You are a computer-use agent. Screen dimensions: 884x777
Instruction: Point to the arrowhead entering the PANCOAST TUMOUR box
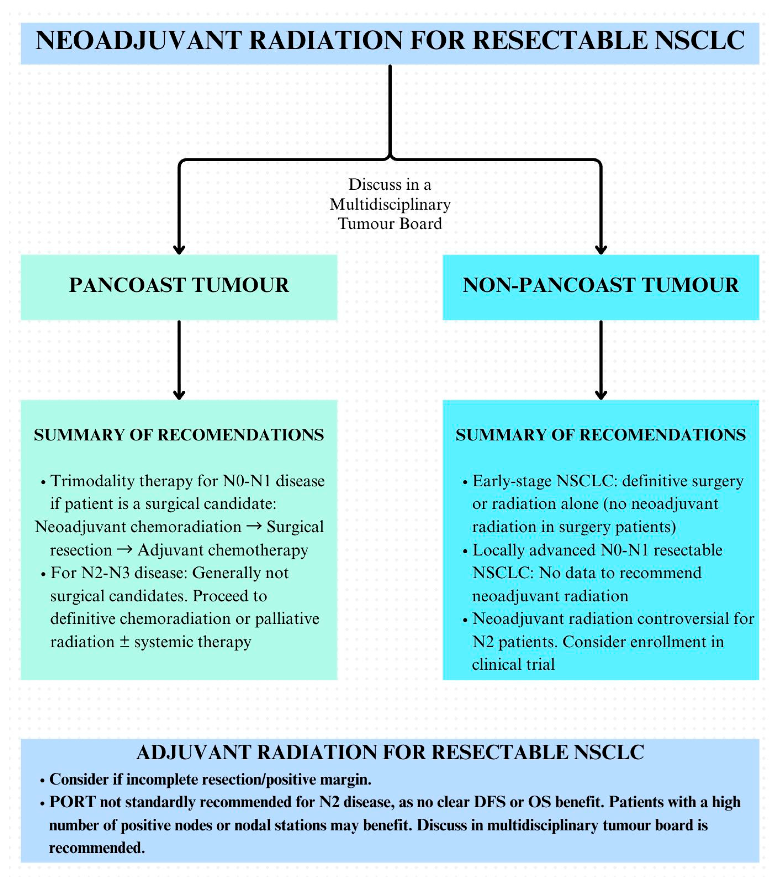coord(179,250)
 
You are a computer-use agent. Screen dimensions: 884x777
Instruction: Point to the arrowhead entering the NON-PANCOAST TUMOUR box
coord(601,250)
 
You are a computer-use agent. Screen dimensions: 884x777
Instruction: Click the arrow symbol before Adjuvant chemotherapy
coord(125,550)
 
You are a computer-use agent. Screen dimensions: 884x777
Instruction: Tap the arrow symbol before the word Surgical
coord(254,526)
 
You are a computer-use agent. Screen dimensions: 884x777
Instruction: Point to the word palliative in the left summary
coord(287,619)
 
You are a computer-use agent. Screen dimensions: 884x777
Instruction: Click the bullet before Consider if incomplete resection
coord(42,781)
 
